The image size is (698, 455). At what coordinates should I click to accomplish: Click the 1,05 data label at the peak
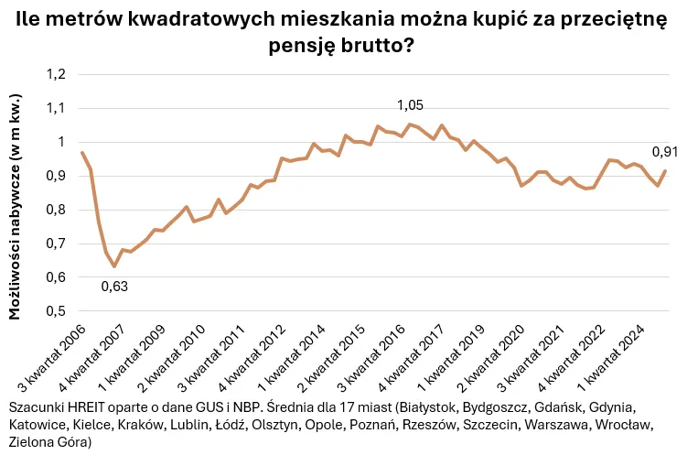(x=410, y=105)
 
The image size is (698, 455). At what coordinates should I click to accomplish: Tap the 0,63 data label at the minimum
(x=114, y=286)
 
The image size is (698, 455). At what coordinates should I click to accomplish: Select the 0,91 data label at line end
(x=665, y=151)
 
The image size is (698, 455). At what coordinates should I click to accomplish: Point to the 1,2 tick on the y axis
(x=57, y=74)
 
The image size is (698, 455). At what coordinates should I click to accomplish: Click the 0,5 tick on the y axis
(x=57, y=311)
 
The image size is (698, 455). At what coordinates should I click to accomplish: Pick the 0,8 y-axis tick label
(x=57, y=210)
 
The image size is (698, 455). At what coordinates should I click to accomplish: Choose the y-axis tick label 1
(x=63, y=142)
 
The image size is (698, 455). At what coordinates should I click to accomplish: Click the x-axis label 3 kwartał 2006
(x=52, y=357)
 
